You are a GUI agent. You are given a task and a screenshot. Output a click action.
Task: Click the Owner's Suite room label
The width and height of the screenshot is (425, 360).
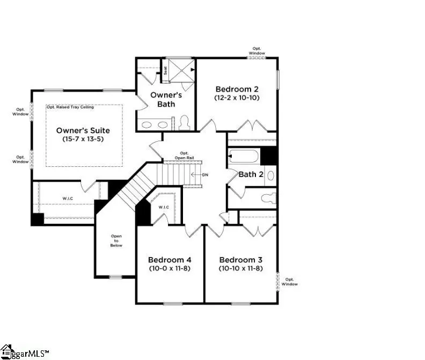pos(83,130)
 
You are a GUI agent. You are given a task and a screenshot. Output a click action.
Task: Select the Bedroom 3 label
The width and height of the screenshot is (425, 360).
pos(240,259)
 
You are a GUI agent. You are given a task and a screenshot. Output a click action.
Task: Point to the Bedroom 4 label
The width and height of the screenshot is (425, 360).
pos(170,259)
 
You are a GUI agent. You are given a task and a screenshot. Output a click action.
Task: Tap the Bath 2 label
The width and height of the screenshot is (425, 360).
pos(251,174)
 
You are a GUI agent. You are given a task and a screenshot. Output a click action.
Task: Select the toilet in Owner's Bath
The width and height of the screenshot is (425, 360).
pos(183,123)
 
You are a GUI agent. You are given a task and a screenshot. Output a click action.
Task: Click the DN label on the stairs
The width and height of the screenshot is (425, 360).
pos(204,175)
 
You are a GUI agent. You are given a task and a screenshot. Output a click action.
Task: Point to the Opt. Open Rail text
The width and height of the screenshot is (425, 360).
pos(184,155)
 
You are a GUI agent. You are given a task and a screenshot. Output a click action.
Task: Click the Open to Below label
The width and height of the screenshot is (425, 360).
pos(116,240)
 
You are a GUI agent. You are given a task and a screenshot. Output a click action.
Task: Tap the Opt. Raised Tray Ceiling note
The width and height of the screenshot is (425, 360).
pos(70,107)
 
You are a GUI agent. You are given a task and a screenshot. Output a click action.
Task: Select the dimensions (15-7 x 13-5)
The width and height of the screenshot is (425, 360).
pos(83,139)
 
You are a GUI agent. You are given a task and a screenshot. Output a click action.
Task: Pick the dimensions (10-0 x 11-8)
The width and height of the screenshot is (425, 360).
pos(170,268)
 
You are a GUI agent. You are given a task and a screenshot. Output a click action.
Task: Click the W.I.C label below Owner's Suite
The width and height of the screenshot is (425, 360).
pos(68,199)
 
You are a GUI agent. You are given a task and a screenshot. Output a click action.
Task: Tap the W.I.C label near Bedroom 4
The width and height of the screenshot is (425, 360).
pos(164,207)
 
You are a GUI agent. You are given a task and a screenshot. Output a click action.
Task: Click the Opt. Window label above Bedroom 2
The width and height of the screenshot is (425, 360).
pos(257,52)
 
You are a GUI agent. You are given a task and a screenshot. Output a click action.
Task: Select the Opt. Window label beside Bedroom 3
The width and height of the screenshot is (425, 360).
pos(290,281)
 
